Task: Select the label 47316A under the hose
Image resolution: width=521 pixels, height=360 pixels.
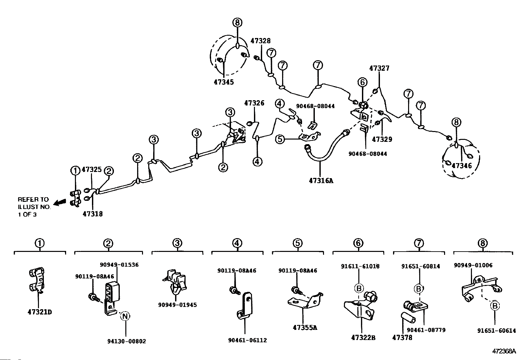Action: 321,180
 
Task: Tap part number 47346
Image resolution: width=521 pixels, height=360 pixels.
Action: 462,166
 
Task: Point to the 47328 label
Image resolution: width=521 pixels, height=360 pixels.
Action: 260,41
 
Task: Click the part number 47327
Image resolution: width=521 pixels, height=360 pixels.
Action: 379,68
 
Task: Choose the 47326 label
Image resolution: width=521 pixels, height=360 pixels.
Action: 254,103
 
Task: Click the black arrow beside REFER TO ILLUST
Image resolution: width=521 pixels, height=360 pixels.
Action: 59,203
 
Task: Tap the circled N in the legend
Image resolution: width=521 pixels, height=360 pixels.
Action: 125,316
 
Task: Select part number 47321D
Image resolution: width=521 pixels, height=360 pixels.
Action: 39,312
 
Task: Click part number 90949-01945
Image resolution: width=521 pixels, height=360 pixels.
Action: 177,305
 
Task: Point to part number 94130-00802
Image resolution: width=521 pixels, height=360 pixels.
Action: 126,341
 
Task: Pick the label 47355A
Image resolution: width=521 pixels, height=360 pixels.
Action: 305,328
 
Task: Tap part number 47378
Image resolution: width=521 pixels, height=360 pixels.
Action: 402,337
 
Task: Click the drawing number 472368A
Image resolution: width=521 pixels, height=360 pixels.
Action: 505,351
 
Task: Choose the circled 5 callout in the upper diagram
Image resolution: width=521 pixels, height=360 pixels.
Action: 280,139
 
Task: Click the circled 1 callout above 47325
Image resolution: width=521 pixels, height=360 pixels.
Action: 75,170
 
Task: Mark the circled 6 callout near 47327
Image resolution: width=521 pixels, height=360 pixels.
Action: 362,82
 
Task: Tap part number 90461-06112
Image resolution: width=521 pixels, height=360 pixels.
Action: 247,340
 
